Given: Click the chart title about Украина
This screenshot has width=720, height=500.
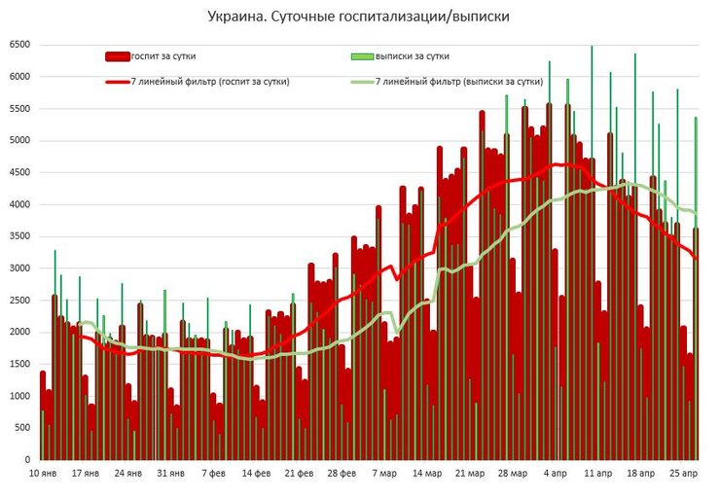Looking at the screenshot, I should (x=359, y=17).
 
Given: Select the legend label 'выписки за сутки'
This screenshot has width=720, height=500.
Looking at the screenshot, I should (x=412, y=56).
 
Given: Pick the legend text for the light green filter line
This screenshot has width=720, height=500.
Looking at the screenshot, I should (x=458, y=82).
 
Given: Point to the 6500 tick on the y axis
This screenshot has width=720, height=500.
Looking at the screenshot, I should (x=19, y=45).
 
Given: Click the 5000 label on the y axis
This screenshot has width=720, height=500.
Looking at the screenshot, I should (x=19, y=141).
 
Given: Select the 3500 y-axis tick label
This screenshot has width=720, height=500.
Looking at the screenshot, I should (x=19, y=236).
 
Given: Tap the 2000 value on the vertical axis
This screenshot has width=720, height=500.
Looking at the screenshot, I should (x=19, y=333).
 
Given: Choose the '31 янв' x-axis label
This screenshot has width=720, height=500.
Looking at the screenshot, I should (x=170, y=474).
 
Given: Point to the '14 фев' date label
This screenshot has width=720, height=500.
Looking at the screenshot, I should (x=257, y=474).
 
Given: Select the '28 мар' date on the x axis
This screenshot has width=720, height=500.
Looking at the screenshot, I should (x=513, y=474).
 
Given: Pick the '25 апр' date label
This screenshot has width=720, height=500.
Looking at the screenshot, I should (x=684, y=474).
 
